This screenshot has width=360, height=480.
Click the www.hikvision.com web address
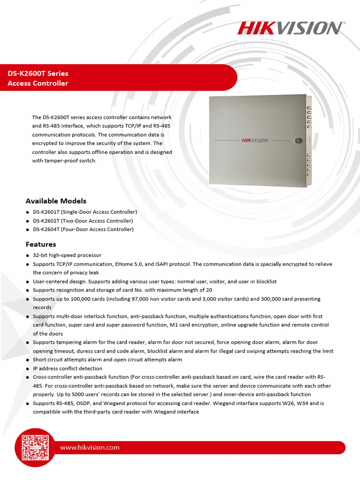coord(90,448)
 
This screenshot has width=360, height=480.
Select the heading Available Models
coord(56,201)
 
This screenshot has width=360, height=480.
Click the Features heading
coord(41,244)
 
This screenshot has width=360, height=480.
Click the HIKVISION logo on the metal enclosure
coord(255,140)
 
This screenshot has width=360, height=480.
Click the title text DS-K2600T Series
coord(38,74)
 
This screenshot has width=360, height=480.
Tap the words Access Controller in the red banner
coord(38,83)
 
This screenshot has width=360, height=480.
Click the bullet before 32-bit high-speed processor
coord(28,255)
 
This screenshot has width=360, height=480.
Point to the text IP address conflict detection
coord(67,368)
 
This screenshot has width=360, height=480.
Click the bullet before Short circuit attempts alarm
coord(28,360)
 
